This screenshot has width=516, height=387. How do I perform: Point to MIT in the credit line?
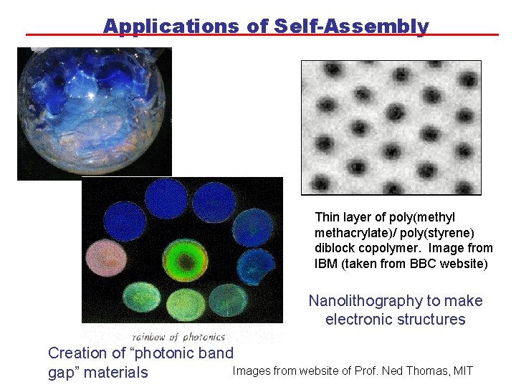463,371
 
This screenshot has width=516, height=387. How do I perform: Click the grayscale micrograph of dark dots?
391,128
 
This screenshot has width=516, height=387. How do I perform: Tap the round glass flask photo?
93,111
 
